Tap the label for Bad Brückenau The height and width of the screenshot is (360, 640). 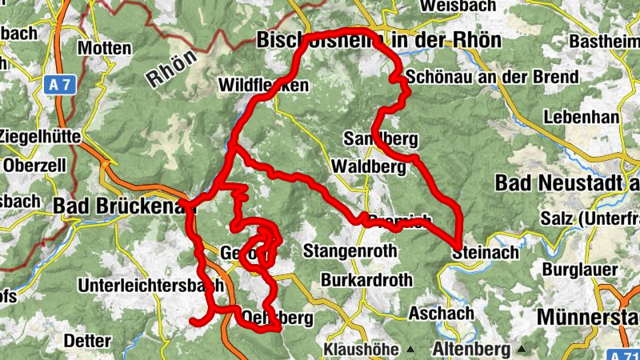click(124, 206)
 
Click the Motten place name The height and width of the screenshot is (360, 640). click(104, 48)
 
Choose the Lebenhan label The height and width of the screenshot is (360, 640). click(581, 117)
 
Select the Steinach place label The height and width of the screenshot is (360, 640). click(485, 252)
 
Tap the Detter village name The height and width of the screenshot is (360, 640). click(86, 341)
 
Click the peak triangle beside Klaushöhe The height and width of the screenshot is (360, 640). click(410, 350)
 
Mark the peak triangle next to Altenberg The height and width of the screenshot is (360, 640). click(522, 350)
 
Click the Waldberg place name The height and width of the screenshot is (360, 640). click(368, 166)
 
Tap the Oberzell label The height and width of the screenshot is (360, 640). click(35, 166)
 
